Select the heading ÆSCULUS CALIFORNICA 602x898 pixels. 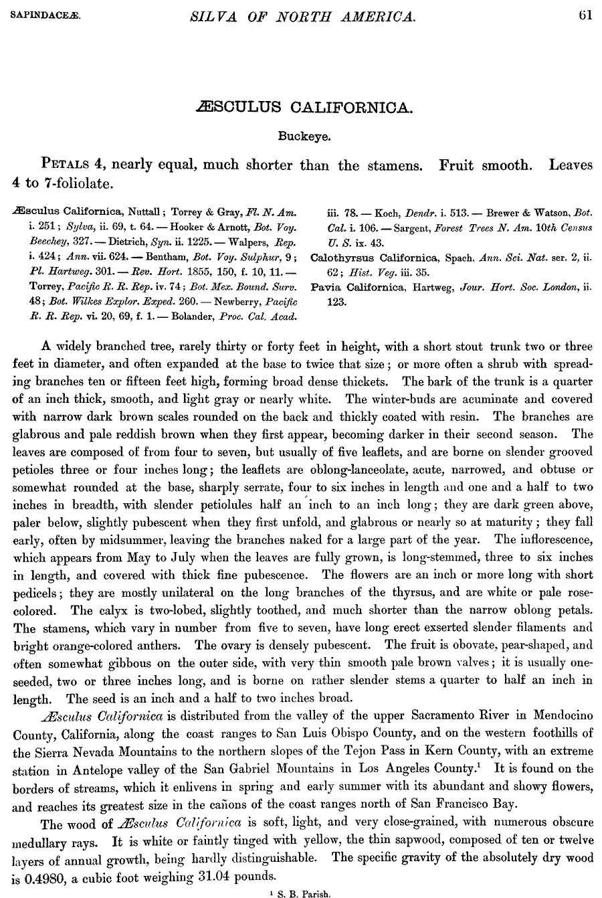pyautogui.click(x=302, y=107)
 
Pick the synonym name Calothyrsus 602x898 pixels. pyautogui.click(x=344, y=258)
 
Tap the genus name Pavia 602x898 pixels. pyautogui.click(x=327, y=287)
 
